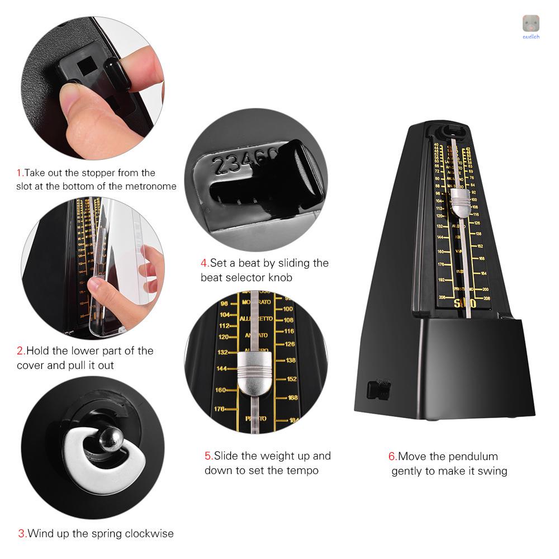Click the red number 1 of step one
[18, 173]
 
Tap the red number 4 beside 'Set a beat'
[204, 263]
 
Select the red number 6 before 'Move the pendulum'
[392, 457]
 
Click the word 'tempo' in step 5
[303, 470]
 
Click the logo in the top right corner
[530, 25]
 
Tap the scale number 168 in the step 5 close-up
[292, 398]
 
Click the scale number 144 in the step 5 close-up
[222, 369]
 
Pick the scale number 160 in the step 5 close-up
[220, 390]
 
